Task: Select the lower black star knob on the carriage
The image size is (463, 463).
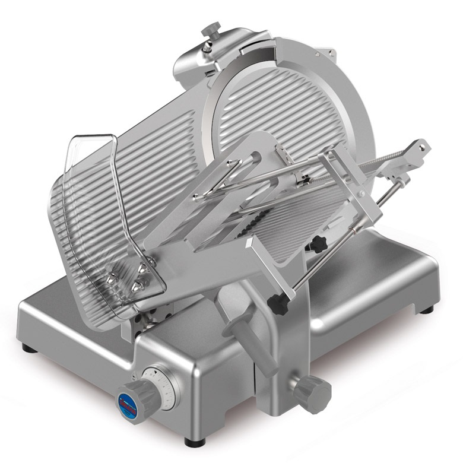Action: [x=277, y=304]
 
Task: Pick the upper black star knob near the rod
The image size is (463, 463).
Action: [x=319, y=243]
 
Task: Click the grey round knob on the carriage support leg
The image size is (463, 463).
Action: [x=312, y=392]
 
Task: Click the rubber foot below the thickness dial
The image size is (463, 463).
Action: [x=194, y=441]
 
